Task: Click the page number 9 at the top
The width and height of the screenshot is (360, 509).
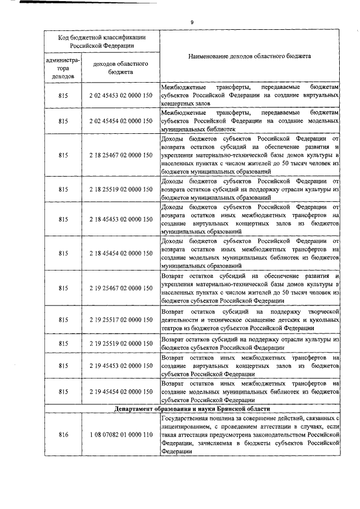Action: (192, 21)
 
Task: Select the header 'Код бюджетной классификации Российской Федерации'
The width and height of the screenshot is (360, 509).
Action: (102, 41)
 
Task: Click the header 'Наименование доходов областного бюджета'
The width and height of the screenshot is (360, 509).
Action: (250, 57)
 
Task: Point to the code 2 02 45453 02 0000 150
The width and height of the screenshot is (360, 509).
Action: (120, 97)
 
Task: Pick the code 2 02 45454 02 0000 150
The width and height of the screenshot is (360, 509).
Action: (120, 120)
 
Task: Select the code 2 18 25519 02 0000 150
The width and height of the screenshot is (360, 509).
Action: (120, 190)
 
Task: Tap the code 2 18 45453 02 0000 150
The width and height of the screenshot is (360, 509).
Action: (120, 220)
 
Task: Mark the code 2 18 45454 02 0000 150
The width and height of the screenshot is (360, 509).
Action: (120, 254)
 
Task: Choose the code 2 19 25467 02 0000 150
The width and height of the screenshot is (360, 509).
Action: (120, 288)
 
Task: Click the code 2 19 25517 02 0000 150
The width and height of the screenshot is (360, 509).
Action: (120, 319)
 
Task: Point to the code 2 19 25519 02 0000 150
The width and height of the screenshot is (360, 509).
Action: (120, 343)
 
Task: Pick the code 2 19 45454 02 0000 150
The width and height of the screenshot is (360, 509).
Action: (120, 390)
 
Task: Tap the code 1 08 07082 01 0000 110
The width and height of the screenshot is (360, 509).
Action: (120, 435)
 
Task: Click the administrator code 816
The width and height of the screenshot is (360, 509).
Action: (62, 435)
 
